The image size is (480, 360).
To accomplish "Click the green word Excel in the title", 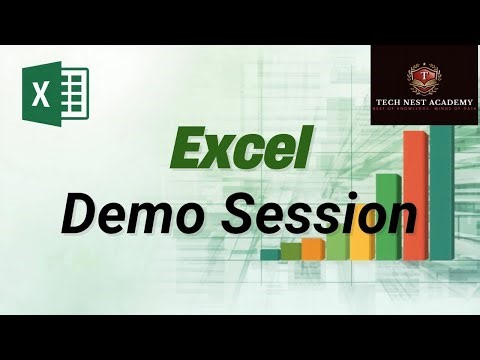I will (238, 150).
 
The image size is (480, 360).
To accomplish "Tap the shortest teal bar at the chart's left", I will (270, 254).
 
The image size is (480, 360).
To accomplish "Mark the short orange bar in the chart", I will (314, 248).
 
